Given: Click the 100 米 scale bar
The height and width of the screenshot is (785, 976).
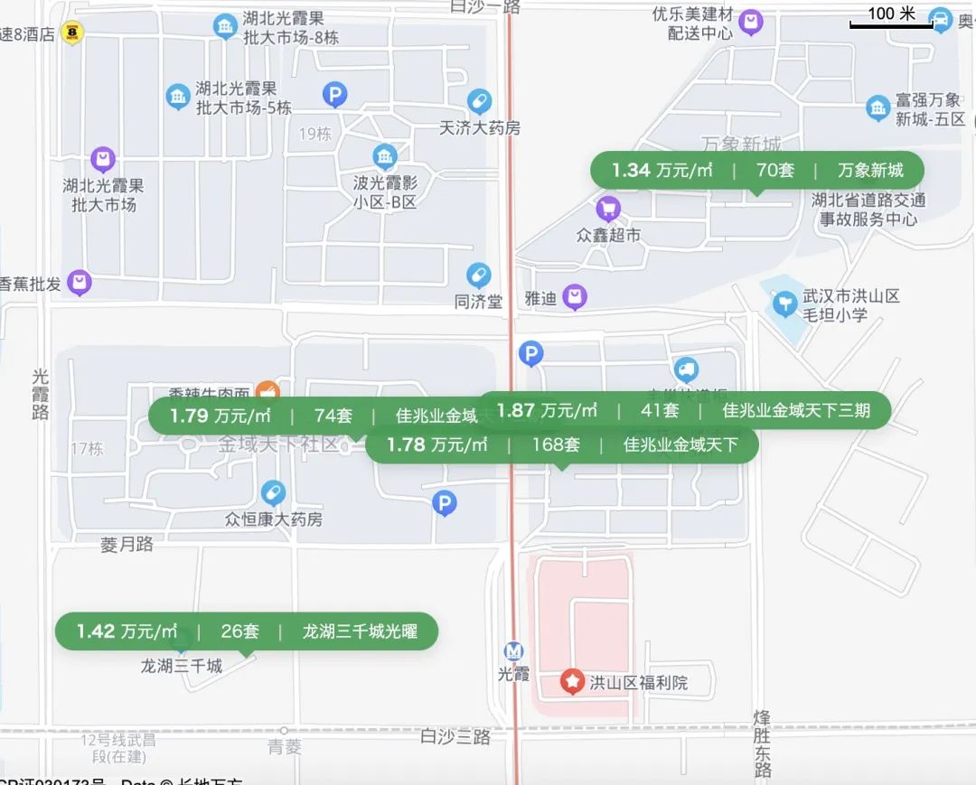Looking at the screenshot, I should click(x=891, y=18).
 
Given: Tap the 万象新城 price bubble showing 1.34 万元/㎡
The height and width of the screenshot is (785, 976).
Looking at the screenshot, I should click(x=757, y=170).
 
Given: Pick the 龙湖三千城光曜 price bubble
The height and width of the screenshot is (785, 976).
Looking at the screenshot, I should click(x=247, y=631).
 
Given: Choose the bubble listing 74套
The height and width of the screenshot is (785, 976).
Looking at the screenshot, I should click(x=312, y=416).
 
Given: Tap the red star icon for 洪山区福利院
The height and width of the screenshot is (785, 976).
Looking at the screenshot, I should click(x=572, y=682).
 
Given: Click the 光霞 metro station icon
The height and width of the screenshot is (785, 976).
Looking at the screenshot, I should click(x=513, y=651).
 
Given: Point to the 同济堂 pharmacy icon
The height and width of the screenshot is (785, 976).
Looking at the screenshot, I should click(x=478, y=275).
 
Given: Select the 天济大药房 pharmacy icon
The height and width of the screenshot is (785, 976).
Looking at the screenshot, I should click(x=479, y=102).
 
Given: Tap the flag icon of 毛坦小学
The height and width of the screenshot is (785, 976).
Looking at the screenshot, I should click(x=784, y=302).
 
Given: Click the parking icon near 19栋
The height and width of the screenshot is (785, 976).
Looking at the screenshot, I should click(x=335, y=93).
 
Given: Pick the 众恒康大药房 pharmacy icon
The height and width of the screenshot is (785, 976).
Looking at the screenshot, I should click(x=273, y=493).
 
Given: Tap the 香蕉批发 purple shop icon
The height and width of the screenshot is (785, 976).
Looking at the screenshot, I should click(x=81, y=284).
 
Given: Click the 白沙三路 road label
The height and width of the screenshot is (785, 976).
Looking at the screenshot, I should click(x=455, y=737).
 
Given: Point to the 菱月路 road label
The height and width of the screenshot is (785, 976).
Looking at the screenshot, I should click(x=127, y=545).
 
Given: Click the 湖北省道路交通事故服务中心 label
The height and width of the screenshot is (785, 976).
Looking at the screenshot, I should click(x=868, y=210).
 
